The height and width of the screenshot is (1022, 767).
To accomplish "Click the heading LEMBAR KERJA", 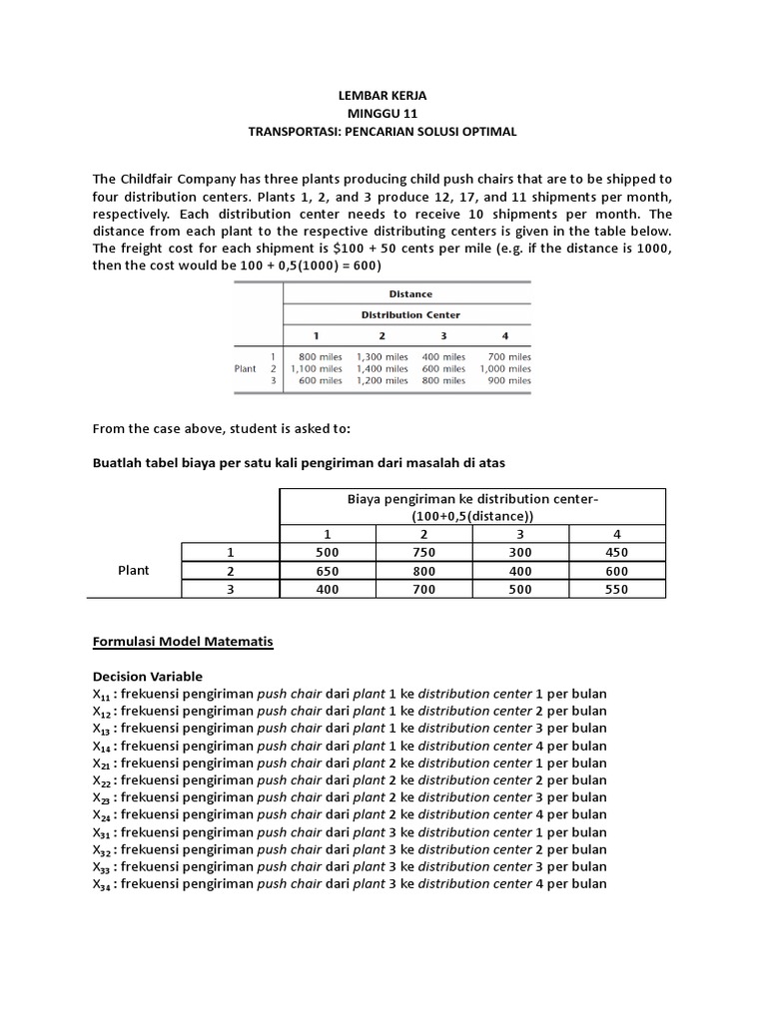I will pyautogui.click(x=383, y=96).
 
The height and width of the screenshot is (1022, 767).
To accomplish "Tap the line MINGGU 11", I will pyautogui.click(x=383, y=114).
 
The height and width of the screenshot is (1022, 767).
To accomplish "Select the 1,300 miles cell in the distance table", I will pyautogui.click(x=382, y=356).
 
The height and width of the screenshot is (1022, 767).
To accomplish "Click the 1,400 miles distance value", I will pyautogui.click(x=382, y=368).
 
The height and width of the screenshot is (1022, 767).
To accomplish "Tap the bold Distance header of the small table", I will pyautogui.click(x=409, y=293).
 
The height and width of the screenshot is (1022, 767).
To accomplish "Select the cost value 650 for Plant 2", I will pyautogui.click(x=327, y=571).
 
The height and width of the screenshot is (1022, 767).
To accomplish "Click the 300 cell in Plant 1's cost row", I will pyautogui.click(x=520, y=552).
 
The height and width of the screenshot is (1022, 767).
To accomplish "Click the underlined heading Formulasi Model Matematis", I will pyautogui.click(x=182, y=642).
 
